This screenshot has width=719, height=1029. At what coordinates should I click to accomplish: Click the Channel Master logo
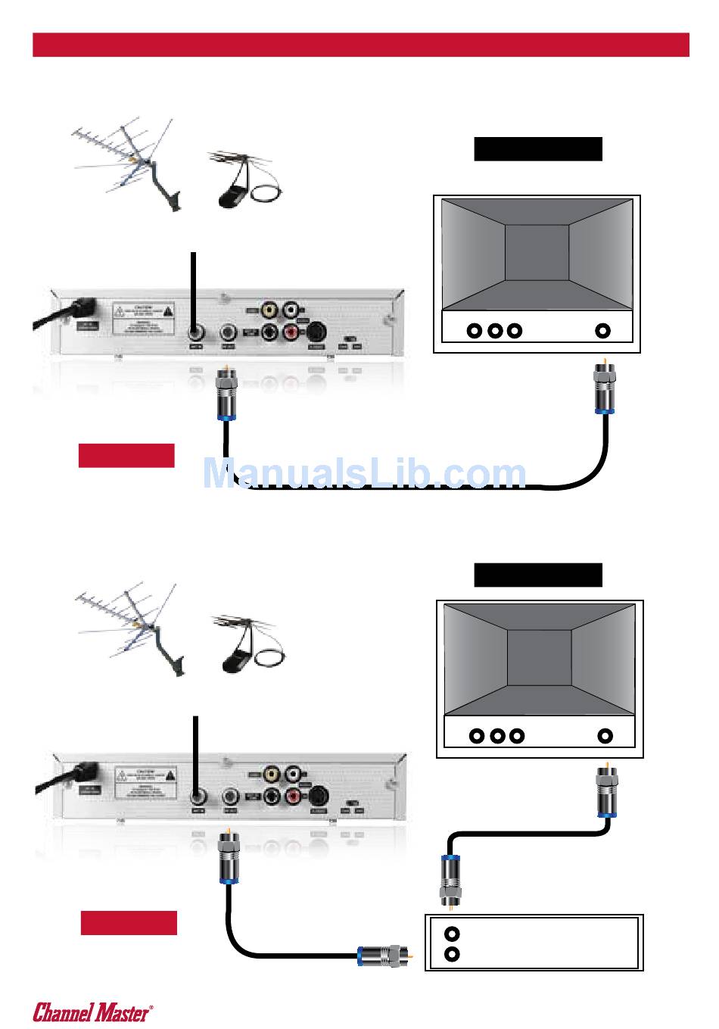coord(92,1012)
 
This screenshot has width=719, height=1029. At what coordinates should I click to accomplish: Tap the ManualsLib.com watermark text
coord(364,474)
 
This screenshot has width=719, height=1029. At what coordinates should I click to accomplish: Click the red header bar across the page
coord(360,45)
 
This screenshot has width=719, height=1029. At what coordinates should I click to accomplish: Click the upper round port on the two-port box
coord(452,934)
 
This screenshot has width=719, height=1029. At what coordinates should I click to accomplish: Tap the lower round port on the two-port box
coord(452,954)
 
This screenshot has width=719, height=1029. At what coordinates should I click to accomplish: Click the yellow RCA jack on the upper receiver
coord(269,310)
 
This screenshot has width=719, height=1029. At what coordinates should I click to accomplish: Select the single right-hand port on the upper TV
coord(602,330)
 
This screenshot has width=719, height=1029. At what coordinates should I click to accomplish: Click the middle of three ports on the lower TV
coord(497,735)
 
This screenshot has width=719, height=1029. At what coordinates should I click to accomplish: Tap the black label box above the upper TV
coord(537,149)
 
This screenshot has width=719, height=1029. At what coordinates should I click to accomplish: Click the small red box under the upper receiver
coord(126,455)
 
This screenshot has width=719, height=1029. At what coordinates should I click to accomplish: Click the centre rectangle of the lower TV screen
coord(539,657)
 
